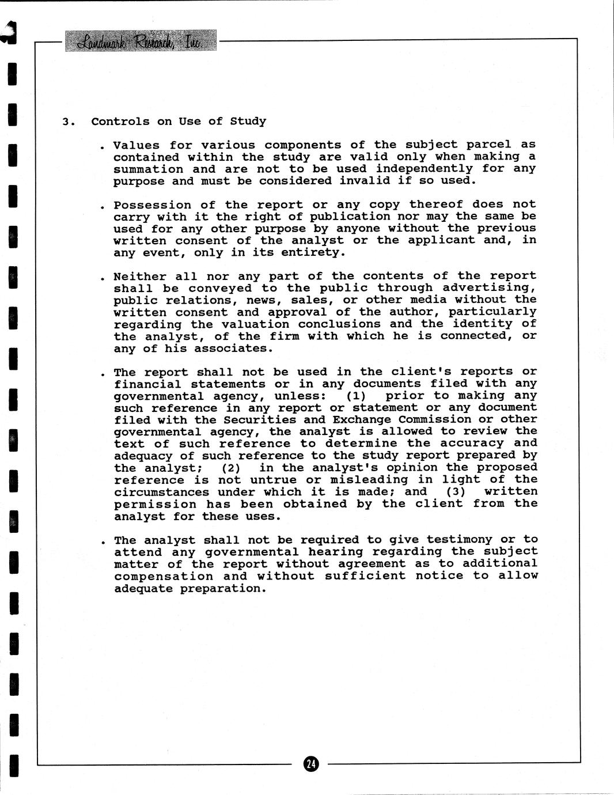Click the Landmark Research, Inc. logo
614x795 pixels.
pyautogui.click(x=141, y=40)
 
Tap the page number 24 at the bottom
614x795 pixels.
pyautogui.click(x=310, y=764)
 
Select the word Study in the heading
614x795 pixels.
pyautogui.click(x=248, y=122)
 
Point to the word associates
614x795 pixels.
pyautogui.click(x=233, y=349)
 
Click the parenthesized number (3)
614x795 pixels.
pyautogui.click(x=455, y=492)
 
